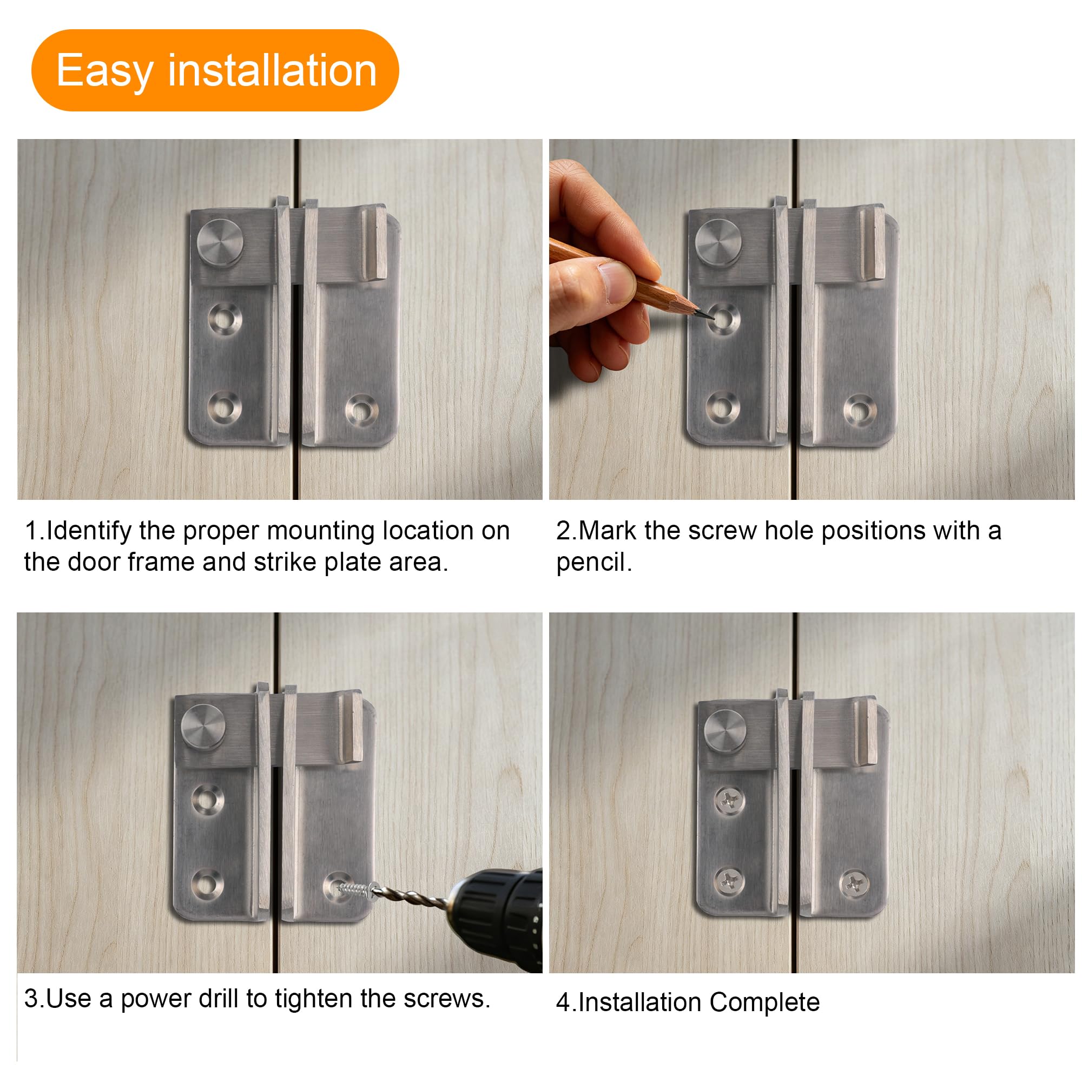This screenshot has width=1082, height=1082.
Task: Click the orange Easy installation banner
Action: [215, 70]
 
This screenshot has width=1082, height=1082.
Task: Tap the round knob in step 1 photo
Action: [220, 243]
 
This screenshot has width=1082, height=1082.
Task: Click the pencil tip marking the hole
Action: [711, 316]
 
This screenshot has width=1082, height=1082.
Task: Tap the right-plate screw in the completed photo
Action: [855, 885]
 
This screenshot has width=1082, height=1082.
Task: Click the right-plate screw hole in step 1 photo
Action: [361, 410]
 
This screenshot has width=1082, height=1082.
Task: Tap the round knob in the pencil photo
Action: [718, 243]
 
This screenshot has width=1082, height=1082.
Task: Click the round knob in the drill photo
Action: [203, 728]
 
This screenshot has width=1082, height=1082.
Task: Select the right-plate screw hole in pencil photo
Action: [860, 410]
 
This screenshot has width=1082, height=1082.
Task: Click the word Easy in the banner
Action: [105, 70]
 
